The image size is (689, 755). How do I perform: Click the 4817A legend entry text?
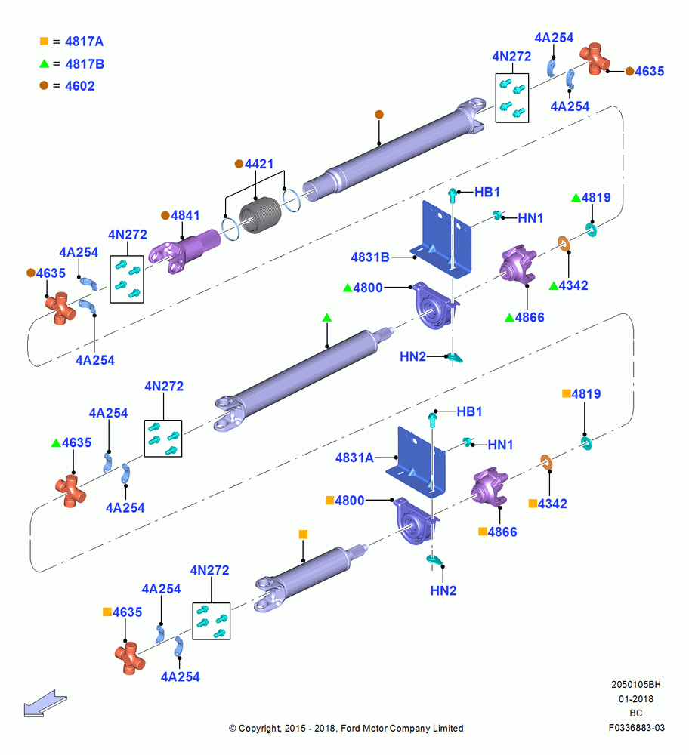[x=85, y=42]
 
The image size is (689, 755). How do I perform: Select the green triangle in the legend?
[x=45, y=63]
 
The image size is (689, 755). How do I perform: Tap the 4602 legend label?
[x=80, y=86]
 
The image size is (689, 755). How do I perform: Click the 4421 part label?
[x=259, y=164]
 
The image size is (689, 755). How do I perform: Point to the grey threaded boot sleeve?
[x=260, y=214]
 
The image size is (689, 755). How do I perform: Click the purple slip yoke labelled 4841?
[x=184, y=251]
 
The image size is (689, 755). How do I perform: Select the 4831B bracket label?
[x=370, y=257]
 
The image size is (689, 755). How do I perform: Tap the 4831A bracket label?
[x=354, y=458]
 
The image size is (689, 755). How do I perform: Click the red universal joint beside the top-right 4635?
[x=595, y=58]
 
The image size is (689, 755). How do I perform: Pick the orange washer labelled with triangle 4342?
[x=564, y=244]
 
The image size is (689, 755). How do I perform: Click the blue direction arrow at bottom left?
[x=45, y=704]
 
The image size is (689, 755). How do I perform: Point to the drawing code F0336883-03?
[x=636, y=728]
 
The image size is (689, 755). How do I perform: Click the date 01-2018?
[x=636, y=699]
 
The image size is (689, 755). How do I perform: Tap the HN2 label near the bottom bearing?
[x=443, y=591]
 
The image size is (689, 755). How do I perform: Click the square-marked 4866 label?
[x=502, y=532]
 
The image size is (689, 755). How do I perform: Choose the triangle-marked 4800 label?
[x=368, y=288]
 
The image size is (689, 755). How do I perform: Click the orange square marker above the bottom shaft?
[x=303, y=535]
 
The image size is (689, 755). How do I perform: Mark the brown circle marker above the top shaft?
[x=379, y=115]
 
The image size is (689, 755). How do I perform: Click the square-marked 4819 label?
[x=586, y=394]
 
